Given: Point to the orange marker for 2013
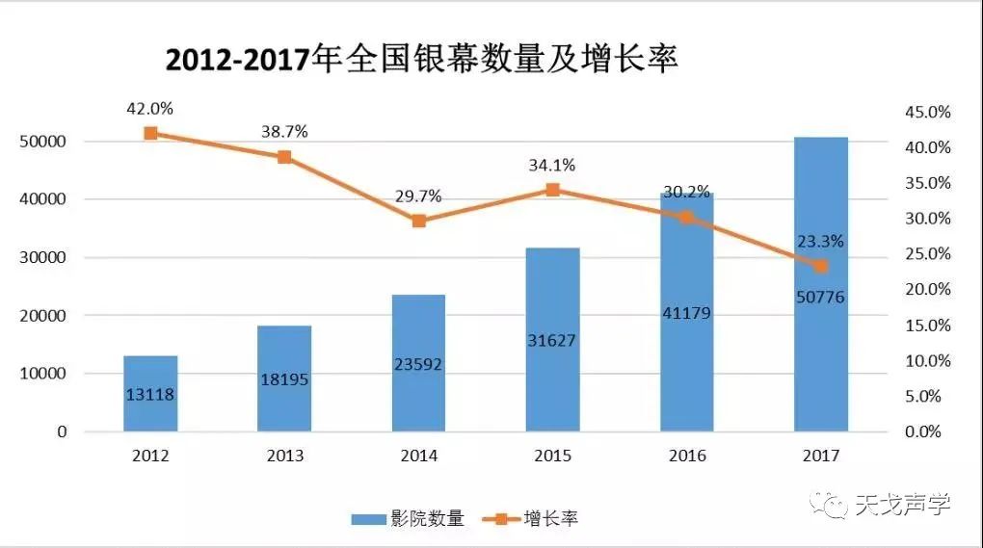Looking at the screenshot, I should point(284,157).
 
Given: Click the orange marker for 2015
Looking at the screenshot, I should point(552,190).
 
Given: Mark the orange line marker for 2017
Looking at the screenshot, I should point(820,266).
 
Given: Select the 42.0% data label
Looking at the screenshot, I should point(149,109).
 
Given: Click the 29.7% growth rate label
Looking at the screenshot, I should point(418,196).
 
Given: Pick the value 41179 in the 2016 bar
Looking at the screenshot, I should point(686,313).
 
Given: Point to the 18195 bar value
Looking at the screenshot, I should point(284,379).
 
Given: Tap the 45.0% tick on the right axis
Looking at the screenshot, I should point(926,113).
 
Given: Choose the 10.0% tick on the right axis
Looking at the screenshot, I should point(926,361).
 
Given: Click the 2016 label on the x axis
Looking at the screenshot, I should point(686,456).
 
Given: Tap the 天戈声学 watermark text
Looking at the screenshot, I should point(902,504).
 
